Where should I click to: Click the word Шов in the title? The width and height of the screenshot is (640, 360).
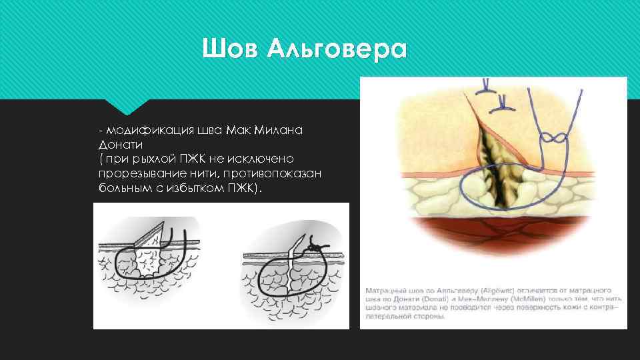tap(230, 49)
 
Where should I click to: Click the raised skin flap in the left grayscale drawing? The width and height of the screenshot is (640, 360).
tap(149, 235)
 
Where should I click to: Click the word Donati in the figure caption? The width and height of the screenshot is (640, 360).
tap(454, 300)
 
